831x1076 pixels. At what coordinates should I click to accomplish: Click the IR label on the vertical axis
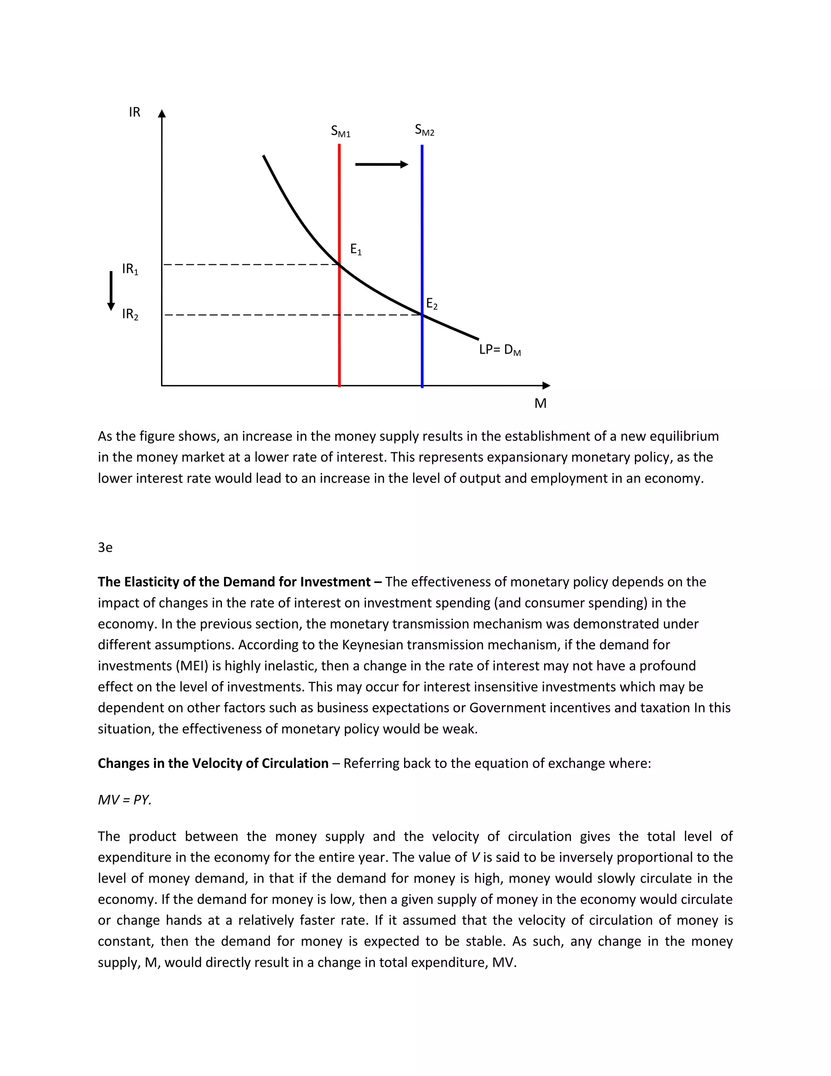[134, 112]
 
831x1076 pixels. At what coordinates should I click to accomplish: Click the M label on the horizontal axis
[540, 404]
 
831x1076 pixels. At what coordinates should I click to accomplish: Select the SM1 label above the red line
[340, 132]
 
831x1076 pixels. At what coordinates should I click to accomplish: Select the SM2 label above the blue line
[424, 130]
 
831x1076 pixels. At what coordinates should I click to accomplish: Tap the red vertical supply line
[340, 207]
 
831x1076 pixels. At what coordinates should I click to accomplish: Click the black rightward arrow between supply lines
[381, 164]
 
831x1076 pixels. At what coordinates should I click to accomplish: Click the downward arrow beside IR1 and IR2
[111, 291]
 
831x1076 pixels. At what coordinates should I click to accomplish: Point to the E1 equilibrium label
[355, 250]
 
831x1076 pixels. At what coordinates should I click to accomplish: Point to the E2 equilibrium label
[432, 304]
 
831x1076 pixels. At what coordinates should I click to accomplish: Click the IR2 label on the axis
[130, 314]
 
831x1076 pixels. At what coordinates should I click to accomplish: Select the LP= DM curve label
[499, 350]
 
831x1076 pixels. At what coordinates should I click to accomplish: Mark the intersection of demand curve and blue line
[422, 314]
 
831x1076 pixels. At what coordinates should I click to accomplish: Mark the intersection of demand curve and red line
[340, 265]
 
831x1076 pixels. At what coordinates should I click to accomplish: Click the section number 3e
[105, 547]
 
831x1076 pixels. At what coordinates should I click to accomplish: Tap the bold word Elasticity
[152, 582]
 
